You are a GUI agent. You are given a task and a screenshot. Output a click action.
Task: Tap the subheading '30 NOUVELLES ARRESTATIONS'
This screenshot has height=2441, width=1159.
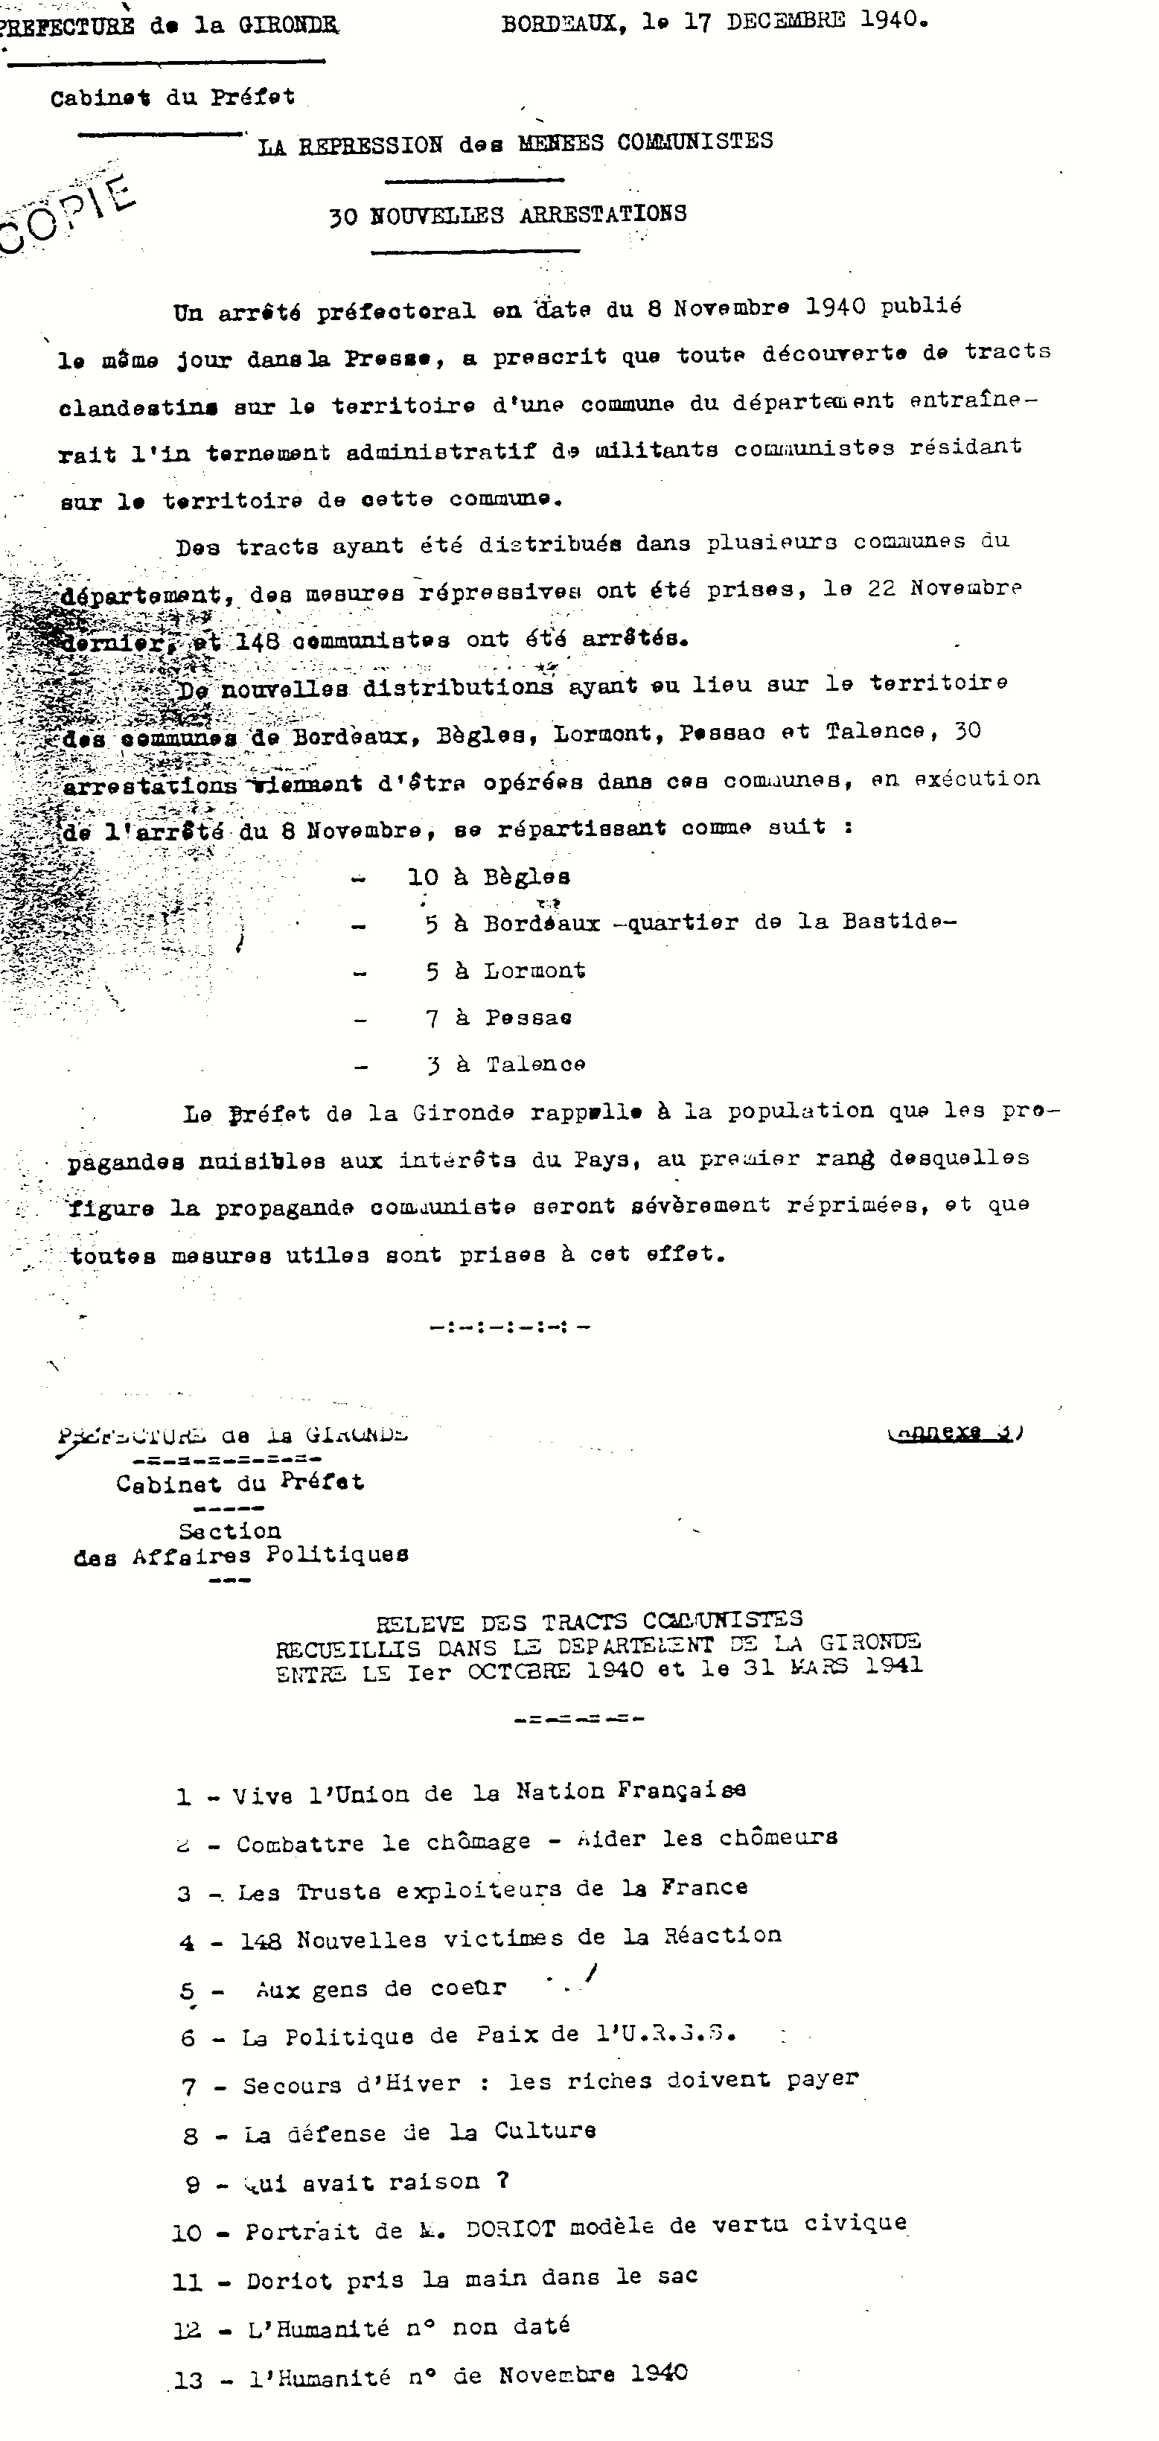tap(508, 215)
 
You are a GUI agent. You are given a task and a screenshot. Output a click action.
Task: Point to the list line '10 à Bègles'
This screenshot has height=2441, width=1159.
tap(489, 876)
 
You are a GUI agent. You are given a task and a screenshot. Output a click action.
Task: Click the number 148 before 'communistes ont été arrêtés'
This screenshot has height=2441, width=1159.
tap(257, 640)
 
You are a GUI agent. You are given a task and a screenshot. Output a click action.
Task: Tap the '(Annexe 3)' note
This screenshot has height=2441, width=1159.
tap(955, 1432)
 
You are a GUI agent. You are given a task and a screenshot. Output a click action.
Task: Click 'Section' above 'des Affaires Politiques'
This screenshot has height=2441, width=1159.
tap(229, 1531)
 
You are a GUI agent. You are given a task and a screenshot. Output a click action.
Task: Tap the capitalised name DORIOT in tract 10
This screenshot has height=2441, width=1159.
tap(511, 2229)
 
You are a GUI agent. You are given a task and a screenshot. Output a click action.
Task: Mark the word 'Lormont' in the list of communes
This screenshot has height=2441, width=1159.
tap(534, 970)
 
